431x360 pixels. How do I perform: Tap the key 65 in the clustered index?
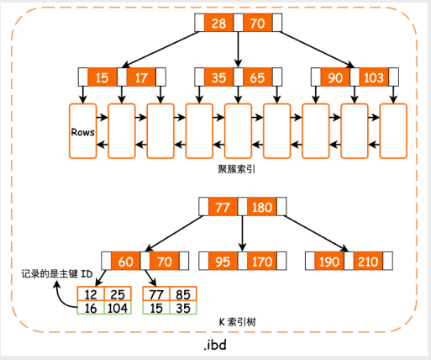coord(256,78)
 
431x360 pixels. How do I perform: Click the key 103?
coord(373,78)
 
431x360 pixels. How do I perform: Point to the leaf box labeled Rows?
coord(83,131)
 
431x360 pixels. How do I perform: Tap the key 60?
coord(125,262)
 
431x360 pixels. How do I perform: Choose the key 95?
coord(223,262)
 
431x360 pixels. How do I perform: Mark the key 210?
coord(368,262)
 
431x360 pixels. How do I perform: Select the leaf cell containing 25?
coord(117,295)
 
